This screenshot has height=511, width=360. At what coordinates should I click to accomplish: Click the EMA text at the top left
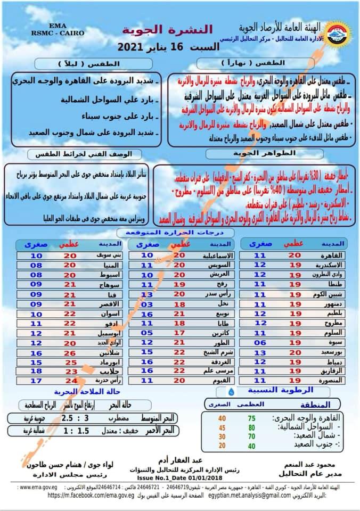pyautogui.click(x=58, y=25)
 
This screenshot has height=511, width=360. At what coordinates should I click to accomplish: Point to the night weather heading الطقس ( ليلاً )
pyautogui.click(x=89, y=63)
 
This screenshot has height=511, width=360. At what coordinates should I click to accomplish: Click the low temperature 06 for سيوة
pyautogui.click(x=259, y=342)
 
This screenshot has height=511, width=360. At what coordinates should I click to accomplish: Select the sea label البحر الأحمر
pyautogui.click(x=140, y=430)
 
